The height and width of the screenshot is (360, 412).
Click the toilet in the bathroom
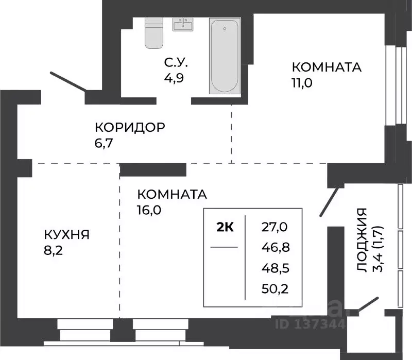coord(153,33)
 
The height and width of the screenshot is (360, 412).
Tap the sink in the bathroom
coord(182,25)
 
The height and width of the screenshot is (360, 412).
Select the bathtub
coord(225,56)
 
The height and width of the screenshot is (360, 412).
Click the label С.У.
coord(176,63)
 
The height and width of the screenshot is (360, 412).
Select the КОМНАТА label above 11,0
coord(327,67)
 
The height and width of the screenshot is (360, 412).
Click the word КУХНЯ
coord(66,235)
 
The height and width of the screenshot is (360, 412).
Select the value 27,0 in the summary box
coord(275,226)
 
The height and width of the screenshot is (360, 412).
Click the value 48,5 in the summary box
coord(275,268)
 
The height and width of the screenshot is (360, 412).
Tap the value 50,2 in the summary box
coord(275,288)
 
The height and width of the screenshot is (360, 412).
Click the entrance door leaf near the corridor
coord(69,82)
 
